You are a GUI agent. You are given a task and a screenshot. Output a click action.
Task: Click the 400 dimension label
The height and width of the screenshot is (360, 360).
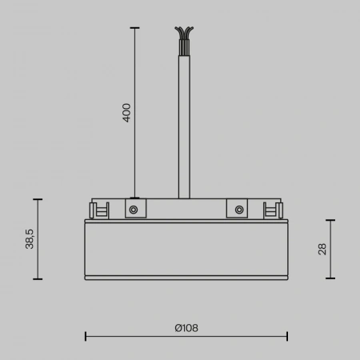coord(126,112)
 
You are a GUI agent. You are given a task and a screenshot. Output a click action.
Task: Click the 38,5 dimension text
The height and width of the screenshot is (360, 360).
coord(29,238)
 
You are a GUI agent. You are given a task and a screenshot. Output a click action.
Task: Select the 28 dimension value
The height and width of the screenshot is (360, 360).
coord(322,249)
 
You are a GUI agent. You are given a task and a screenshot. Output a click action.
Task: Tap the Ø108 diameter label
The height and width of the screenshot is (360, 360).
coord(186,328)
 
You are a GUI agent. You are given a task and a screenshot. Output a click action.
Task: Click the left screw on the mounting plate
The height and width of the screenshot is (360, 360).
coord(134,210)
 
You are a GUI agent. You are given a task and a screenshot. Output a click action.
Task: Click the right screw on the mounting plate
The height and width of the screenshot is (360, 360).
coord(238,210)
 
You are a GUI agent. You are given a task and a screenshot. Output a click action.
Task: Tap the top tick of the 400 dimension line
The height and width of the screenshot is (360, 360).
coord(134,28)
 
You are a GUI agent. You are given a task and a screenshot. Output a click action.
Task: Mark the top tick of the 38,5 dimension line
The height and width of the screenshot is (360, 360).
coord(37,199)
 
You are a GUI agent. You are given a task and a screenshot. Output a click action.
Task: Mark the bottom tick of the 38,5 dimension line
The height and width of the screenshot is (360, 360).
coord(37,278)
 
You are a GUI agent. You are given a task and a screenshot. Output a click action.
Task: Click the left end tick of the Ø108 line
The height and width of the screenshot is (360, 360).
coord(86,337)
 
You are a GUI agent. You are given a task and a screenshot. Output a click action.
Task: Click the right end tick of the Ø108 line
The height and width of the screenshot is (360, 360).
coord(287,337)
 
